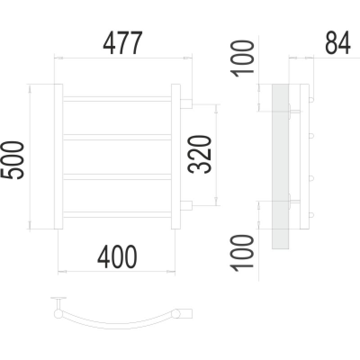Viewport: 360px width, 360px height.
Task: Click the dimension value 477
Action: (x=123, y=43)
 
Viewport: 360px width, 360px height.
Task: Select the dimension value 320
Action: (x=199, y=154)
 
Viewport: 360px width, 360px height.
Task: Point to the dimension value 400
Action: (x=117, y=256)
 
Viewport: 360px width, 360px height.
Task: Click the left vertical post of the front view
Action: (x=58, y=156)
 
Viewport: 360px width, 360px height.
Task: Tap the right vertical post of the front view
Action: (x=175, y=156)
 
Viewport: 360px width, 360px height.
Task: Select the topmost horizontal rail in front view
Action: (x=117, y=99)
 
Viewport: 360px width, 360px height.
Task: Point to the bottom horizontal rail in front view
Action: (x=117, y=215)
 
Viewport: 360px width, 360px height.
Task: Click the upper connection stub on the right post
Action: (x=186, y=103)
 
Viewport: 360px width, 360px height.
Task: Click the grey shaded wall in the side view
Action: (x=280, y=166)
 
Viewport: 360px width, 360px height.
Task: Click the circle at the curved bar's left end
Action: (x=58, y=314)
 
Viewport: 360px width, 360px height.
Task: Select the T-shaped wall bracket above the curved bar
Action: (x=59, y=301)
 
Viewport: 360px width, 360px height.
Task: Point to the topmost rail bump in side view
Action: (x=311, y=99)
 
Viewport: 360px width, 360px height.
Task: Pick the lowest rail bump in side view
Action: (x=311, y=215)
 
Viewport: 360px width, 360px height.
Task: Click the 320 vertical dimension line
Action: (x=216, y=154)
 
